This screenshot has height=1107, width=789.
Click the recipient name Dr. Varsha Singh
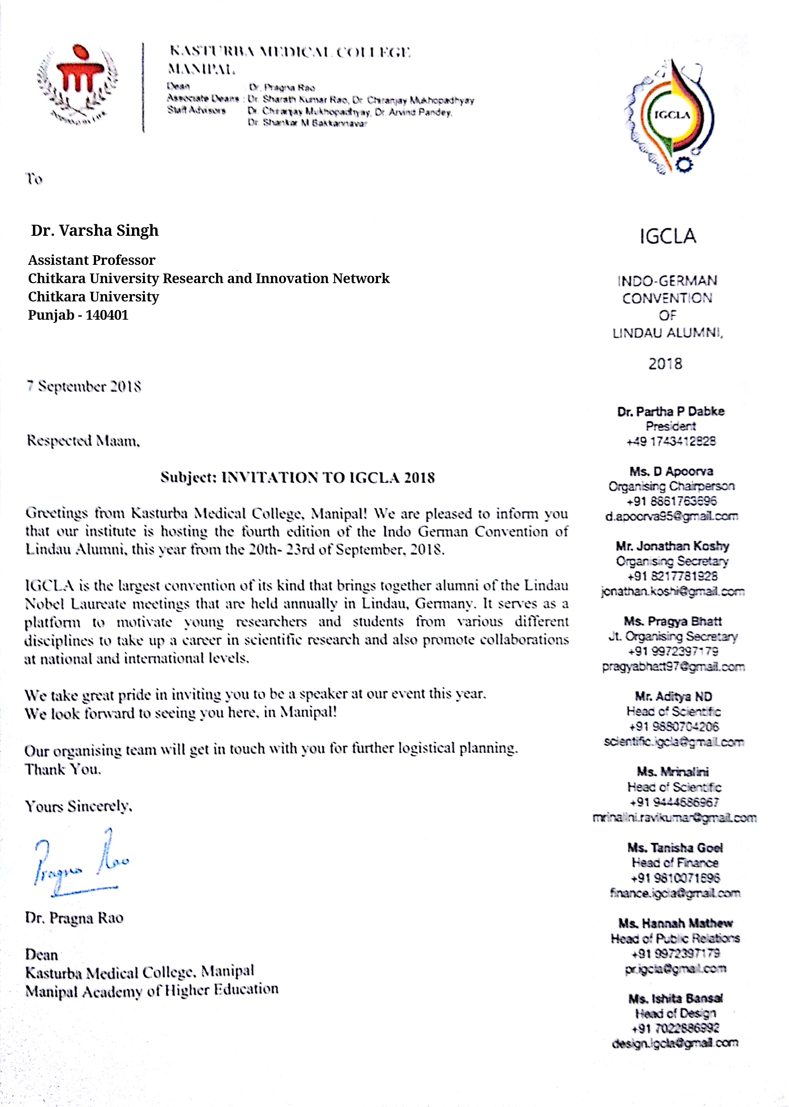coord(95,230)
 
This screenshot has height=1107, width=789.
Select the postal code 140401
coord(107,315)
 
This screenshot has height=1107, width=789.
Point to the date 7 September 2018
coord(84,386)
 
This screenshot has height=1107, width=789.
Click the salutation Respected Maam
coord(83,441)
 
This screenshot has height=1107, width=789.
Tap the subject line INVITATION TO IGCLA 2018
coord(297,478)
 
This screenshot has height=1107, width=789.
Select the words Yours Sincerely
coord(78,807)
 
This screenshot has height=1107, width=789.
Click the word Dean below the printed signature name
coord(41,955)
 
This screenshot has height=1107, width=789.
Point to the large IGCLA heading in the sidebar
coord(668,237)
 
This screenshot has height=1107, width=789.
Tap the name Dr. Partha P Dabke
coord(670,412)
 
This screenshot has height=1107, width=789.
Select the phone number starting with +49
coord(670,441)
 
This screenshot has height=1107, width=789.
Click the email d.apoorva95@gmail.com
coord(671,517)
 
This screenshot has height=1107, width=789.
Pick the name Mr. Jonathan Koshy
coord(672,546)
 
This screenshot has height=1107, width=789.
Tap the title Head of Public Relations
coord(675,938)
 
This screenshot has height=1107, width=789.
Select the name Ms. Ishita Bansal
coord(675,999)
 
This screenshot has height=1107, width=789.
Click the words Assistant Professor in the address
coord(91,260)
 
